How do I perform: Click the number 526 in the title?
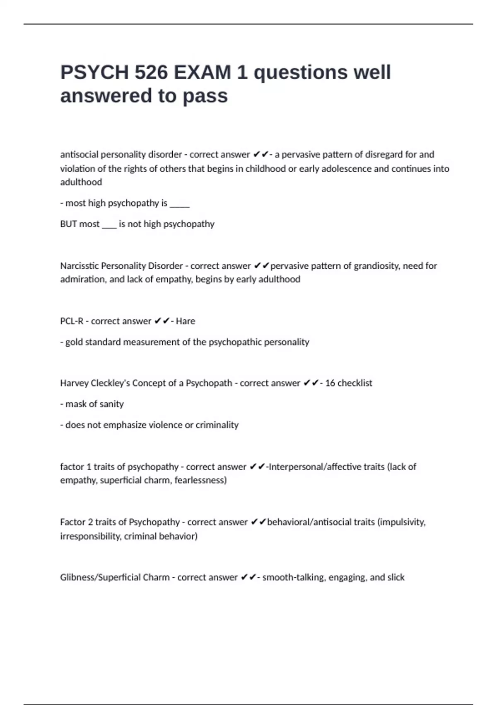click(151, 72)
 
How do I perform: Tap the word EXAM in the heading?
click(202, 72)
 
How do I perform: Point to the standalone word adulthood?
click(81, 182)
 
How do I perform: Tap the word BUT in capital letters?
click(68, 224)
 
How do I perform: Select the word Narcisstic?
click(80, 265)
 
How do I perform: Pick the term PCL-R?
click(72, 321)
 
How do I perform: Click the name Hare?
click(185, 321)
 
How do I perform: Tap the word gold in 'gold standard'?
click(74, 342)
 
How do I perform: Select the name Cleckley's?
click(109, 383)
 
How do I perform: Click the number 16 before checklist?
click(330, 383)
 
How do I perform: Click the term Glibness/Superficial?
click(115, 577)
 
